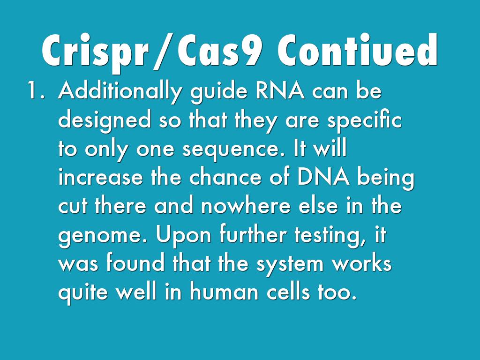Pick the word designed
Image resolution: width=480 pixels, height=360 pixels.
point(104,121)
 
